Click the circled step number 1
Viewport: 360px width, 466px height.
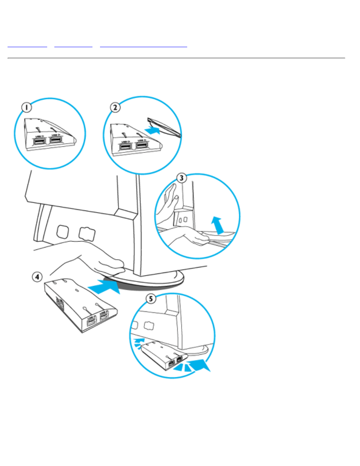[26, 108]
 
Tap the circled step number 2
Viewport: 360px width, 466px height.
[115, 107]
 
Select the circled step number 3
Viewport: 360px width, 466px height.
[182, 178]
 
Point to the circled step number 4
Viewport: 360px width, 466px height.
[37, 277]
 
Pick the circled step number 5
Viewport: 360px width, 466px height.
[151, 299]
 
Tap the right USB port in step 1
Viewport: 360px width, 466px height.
[56, 140]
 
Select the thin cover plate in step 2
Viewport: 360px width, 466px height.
[165, 126]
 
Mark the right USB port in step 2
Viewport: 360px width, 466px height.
[142, 145]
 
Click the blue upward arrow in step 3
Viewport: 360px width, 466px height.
[217, 225]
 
